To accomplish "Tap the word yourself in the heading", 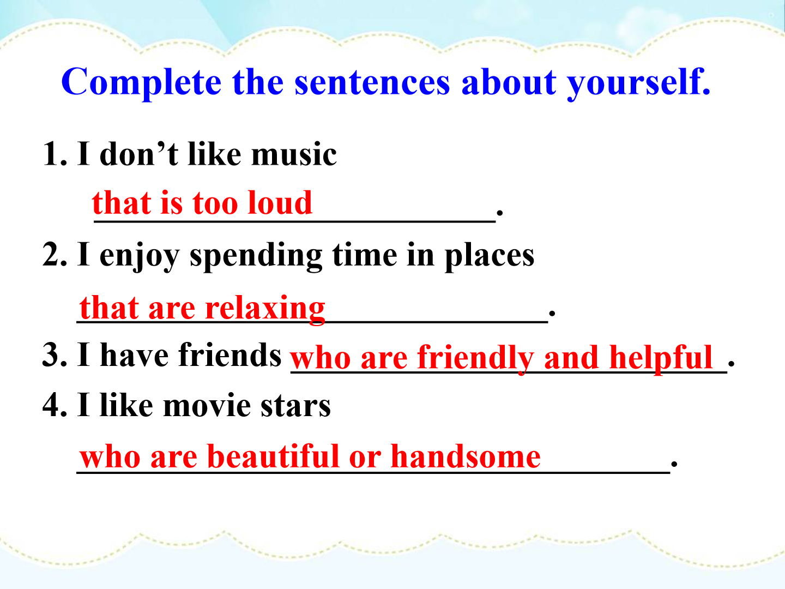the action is click(x=639, y=83).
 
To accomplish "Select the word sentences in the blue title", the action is click(x=372, y=83).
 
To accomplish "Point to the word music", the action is click(x=294, y=154).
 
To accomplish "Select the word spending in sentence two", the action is click(x=256, y=256).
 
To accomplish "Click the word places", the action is click(x=489, y=256).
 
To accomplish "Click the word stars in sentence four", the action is click(x=295, y=406).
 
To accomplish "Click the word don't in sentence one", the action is click(x=138, y=154).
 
